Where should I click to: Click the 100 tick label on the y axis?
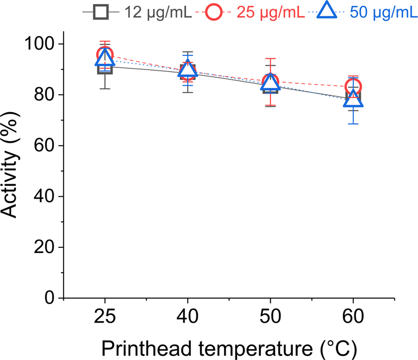point(40,44)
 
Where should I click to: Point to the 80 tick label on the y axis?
point(45,95)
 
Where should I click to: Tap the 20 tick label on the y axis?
point(45,247)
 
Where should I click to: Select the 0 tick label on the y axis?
point(50,298)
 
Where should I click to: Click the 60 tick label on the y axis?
point(45,145)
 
